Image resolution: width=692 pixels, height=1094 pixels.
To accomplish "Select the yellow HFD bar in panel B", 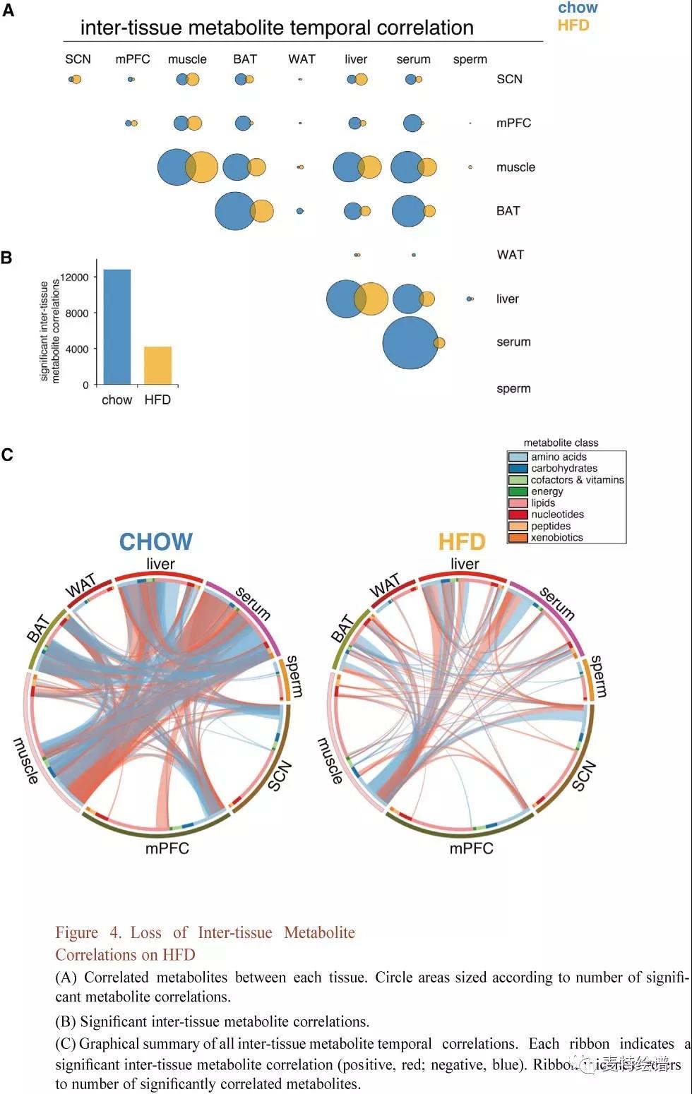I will [157, 366].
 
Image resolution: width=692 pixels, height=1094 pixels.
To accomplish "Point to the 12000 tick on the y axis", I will [76, 277].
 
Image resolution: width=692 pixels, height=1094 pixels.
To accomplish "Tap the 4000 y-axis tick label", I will [77, 349].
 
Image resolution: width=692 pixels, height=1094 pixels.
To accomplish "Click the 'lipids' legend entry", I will [543, 503].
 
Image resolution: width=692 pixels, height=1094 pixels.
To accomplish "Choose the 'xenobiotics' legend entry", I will [556, 538].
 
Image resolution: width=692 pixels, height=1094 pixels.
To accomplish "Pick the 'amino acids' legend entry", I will [559, 457].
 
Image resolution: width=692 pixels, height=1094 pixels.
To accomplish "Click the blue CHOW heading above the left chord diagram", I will [155, 542].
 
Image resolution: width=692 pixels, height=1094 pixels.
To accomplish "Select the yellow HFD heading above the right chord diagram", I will [462, 542].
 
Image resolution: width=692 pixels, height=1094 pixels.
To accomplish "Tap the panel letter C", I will [7, 455].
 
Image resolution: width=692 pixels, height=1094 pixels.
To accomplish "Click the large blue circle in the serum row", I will [410, 343].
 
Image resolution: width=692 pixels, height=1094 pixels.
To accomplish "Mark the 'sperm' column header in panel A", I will [470, 60].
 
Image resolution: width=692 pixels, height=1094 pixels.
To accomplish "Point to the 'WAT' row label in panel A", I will [510, 255].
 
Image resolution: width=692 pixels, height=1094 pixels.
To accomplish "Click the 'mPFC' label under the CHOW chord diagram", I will [167, 848].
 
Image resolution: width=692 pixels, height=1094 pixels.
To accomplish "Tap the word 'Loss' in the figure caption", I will [145, 933].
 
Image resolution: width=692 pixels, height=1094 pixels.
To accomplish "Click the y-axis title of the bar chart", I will [49, 332].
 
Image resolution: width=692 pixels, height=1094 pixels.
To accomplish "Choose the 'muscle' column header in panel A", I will [187, 60].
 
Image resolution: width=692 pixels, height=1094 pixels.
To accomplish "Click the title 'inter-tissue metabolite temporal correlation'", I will [277, 28].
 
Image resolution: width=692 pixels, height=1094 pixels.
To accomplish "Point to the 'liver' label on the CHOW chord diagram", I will [160, 564].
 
